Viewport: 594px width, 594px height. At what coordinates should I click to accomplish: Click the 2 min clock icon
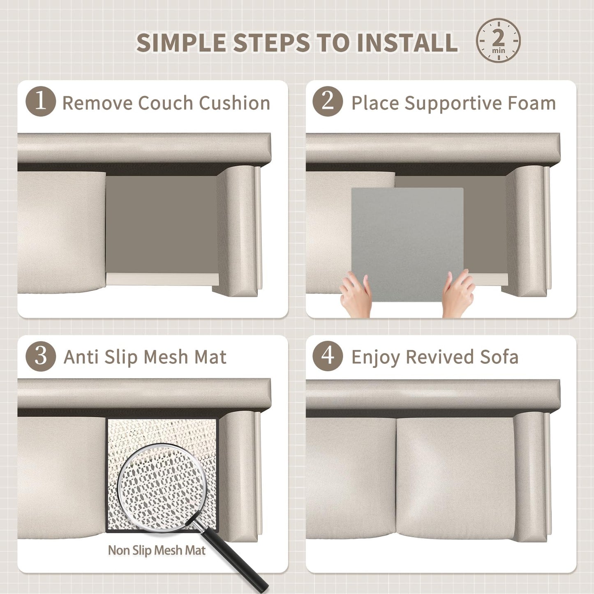(498, 41)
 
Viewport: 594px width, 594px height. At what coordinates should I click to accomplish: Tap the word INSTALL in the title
(407, 42)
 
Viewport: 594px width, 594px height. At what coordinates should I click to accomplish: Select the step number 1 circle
(41, 102)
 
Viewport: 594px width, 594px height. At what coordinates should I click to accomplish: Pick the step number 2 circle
(328, 102)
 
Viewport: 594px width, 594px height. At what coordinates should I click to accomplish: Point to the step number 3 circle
(41, 356)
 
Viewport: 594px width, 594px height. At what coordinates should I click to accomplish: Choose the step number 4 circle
(328, 356)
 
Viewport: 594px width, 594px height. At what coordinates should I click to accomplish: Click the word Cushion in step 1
(235, 103)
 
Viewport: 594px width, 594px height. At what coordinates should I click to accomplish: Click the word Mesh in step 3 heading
(166, 357)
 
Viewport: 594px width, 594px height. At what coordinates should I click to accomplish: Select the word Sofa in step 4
(499, 357)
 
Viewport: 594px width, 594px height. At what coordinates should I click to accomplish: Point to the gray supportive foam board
(407, 245)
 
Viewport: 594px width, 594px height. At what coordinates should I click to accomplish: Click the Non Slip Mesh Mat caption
(157, 550)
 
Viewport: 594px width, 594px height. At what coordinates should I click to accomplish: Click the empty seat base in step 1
(162, 224)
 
